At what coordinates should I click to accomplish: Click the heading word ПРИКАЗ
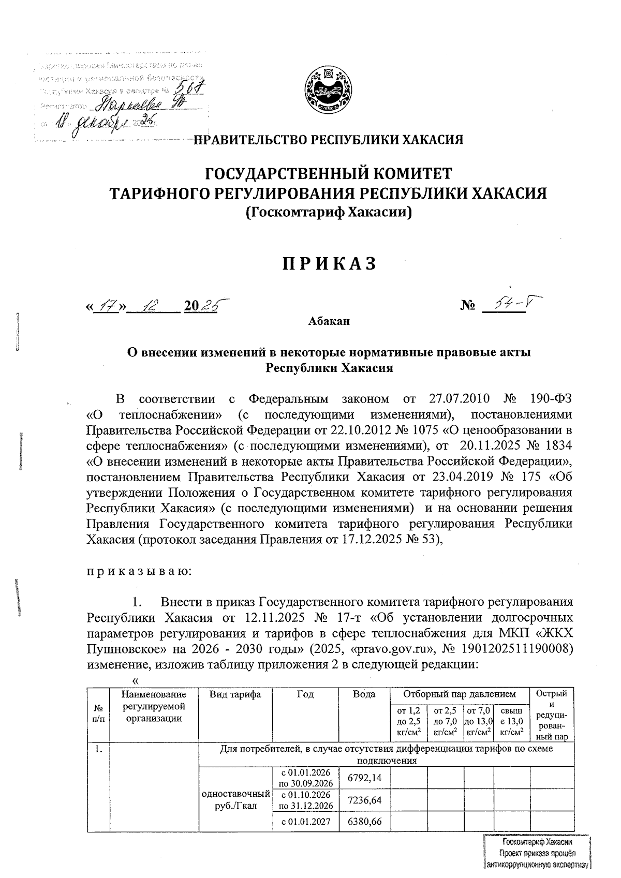point(329,264)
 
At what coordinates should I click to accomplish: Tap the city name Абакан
point(329,321)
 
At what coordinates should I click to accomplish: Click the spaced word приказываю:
point(139,571)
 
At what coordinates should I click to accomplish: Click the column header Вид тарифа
point(235,694)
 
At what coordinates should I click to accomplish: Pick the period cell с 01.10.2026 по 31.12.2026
point(306,800)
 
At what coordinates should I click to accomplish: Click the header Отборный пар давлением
point(459,694)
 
